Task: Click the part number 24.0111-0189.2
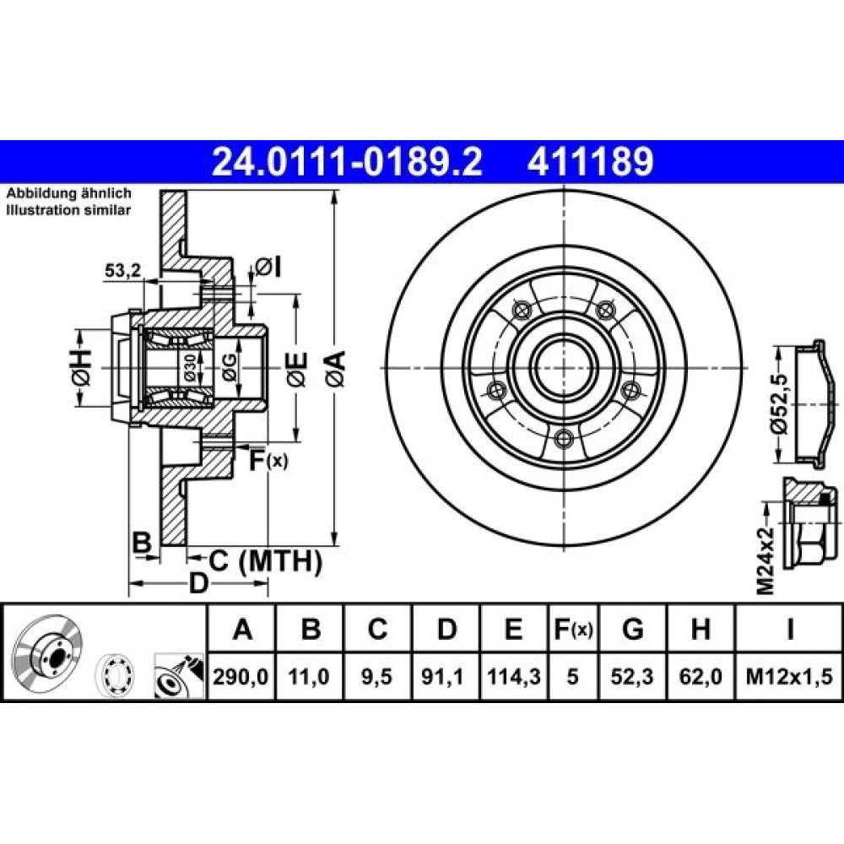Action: [347, 162]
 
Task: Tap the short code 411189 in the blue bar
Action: [591, 162]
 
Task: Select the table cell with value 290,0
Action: [241, 676]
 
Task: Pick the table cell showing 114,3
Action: [513, 676]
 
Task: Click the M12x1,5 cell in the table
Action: [789, 676]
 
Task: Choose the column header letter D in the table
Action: [446, 629]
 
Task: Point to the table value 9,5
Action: [377, 676]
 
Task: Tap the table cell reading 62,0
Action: [701, 676]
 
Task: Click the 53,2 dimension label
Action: [122, 270]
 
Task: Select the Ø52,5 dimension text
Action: [780, 403]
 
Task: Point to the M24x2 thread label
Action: [766, 560]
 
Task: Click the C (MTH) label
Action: [265, 561]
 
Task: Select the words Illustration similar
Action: [68, 210]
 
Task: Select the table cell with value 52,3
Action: [632, 676]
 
